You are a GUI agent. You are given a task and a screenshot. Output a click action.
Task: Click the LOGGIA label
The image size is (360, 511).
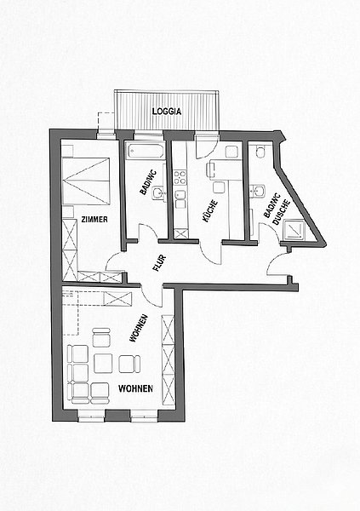167,111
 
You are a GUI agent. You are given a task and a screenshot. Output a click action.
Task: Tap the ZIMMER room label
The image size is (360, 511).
94,220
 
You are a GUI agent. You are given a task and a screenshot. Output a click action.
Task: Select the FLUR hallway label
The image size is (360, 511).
160,263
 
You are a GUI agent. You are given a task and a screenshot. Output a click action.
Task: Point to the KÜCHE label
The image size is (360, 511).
210,211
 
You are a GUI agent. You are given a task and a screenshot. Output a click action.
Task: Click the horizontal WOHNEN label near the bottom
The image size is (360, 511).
135,388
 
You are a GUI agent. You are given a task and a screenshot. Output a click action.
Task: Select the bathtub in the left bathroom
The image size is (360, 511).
146,151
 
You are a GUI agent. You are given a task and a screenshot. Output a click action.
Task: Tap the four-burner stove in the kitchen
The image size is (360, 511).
180,177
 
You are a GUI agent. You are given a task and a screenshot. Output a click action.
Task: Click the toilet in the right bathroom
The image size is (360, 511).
260,151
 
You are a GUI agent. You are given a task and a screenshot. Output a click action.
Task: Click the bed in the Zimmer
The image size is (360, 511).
86,181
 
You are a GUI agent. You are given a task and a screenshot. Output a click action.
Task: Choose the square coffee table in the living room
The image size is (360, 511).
103,363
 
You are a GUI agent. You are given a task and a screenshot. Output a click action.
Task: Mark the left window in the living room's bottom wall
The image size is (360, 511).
91,416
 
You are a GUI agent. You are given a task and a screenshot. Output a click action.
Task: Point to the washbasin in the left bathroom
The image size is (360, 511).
159,192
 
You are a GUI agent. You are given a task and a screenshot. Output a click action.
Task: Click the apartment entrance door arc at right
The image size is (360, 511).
276,262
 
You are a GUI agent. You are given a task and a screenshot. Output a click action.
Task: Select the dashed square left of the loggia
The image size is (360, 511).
106,122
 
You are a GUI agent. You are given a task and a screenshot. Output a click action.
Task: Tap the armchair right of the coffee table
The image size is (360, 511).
129,364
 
